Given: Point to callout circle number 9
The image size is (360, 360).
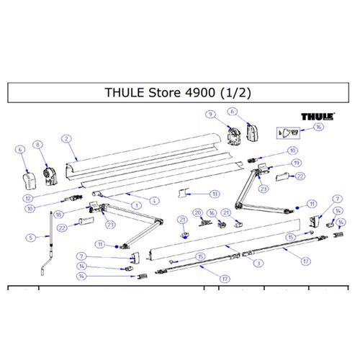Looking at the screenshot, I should tap(210, 114).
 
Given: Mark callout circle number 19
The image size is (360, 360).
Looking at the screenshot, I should tap(296, 163).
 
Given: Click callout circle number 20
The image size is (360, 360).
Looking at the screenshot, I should tap(197, 213).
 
